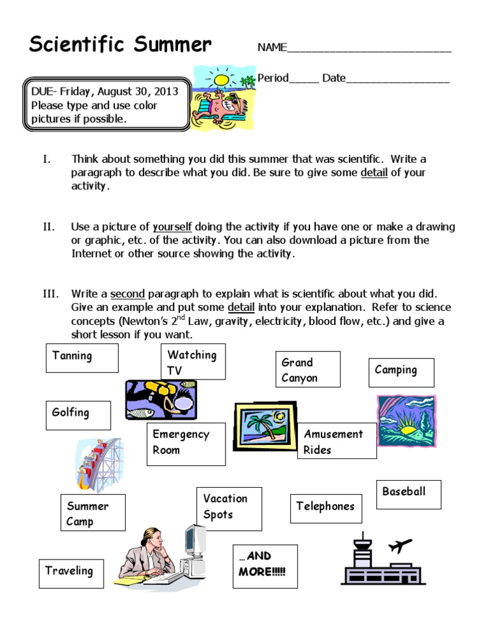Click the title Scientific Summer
pyautogui.click(x=120, y=45)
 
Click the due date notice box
pyautogui.click(x=106, y=105)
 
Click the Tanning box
pyautogui.click(x=83, y=357)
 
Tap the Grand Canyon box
pyautogui.click(x=308, y=369)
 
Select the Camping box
pyautogui.click(x=402, y=372)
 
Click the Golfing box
pyautogui.click(x=78, y=415)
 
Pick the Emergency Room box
pyautogui.click(x=186, y=444)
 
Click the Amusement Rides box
pyautogui.click(x=337, y=441)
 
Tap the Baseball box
pyautogui.click(x=409, y=495)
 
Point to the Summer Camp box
pyautogui.click(x=93, y=512)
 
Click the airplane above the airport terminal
pyautogui.click(x=403, y=545)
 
